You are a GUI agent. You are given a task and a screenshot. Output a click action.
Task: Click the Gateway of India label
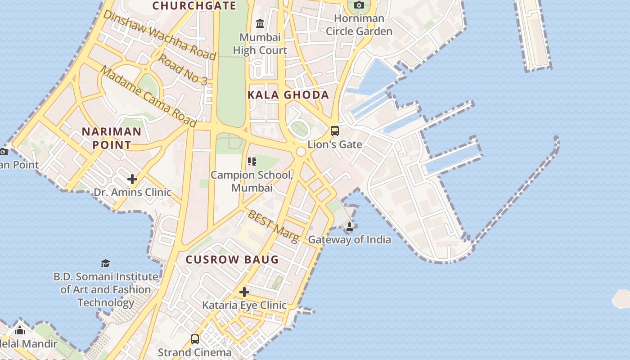(x=349, y=239)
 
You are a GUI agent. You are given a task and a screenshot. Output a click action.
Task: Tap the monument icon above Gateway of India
(x=349, y=226)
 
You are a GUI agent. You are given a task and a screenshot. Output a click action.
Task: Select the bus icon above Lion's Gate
(x=335, y=131)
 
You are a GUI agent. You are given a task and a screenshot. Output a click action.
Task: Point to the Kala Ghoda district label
(x=288, y=95)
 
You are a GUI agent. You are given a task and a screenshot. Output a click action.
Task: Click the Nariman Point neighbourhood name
(x=111, y=138)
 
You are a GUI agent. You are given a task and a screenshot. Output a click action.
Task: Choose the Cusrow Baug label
(x=232, y=260)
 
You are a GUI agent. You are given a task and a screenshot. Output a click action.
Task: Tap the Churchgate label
(x=194, y=5)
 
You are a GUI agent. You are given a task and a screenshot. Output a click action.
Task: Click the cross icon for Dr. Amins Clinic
(x=132, y=179)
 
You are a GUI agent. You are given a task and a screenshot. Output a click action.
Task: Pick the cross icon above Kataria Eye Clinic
(x=244, y=292)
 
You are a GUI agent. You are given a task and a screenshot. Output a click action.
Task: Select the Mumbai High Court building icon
(x=260, y=23)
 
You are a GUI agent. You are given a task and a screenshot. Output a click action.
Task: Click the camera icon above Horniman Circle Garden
(x=359, y=5)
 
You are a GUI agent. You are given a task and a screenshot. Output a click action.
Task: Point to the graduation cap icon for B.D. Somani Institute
(x=105, y=263)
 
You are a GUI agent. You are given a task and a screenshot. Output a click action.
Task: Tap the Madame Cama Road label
(x=148, y=96)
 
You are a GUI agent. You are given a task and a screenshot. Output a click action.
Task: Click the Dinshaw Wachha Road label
(x=160, y=35)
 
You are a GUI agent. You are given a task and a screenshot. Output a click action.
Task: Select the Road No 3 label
(x=183, y=69)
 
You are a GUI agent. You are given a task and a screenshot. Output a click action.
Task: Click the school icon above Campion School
(x=252, y=161)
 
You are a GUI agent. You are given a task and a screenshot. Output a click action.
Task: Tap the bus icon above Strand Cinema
(x=195, y=339)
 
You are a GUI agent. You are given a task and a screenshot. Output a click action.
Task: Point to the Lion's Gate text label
(x=335, y=144)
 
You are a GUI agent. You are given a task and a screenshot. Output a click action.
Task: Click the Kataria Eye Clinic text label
(x=244, y=305)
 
